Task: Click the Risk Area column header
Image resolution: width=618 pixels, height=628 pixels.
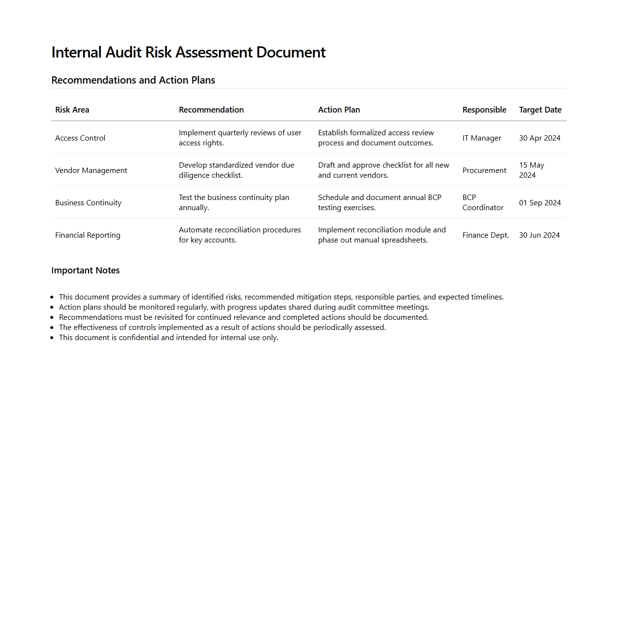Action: [x=72, y=110]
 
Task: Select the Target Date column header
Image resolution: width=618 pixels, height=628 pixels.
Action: [x=540, y=110]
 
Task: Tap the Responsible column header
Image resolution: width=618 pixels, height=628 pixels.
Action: [x=484, y=110]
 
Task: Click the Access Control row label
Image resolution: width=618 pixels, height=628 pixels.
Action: [x=80, y=138]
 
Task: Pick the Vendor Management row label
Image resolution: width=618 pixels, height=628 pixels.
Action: [x=91, y=171]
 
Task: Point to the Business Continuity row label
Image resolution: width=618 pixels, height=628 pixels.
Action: [x=88, y=203]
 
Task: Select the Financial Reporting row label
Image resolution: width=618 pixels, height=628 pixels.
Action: [x=88, y=235]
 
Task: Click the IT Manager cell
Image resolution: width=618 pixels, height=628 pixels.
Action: [x=482, y=138]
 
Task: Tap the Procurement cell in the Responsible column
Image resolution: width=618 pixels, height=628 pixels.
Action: [x=484, y=171]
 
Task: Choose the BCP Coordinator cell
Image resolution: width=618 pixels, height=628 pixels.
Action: [x=483, y=203]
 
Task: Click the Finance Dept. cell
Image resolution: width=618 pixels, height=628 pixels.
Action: [x=486, y=235]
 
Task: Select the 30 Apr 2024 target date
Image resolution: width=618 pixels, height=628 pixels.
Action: [x=540, y=138]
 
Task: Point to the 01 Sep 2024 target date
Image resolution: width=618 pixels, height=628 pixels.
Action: [x=540, y=203]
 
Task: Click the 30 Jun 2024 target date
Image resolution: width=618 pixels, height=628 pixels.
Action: [x=539, y=235]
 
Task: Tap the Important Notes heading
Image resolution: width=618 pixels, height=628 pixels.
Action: [x=86, y=271]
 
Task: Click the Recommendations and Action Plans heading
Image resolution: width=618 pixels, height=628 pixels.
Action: [x=133, y=80]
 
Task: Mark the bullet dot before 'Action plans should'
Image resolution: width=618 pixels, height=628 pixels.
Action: [x=52, y=308]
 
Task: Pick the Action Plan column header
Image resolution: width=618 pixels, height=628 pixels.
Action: [x=339, y=110]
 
